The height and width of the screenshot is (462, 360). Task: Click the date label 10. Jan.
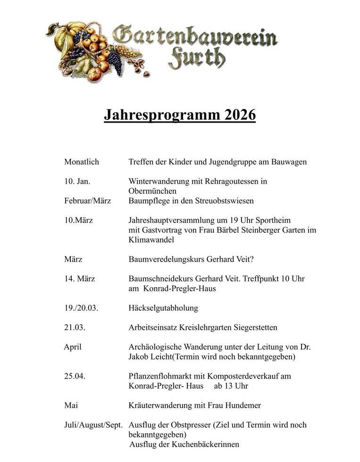tap(77, 181)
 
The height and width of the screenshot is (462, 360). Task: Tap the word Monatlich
tap(82, 162)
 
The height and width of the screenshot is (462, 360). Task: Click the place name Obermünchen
tap(152, 191)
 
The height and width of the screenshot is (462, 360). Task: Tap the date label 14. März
tap(79, 279)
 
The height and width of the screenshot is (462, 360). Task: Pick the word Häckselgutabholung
tap(163, 308)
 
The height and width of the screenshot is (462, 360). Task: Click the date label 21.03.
tap(75, 327)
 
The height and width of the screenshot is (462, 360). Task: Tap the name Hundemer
tap(242, 405)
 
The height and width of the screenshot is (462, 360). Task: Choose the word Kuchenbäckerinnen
tap(206, 444)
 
